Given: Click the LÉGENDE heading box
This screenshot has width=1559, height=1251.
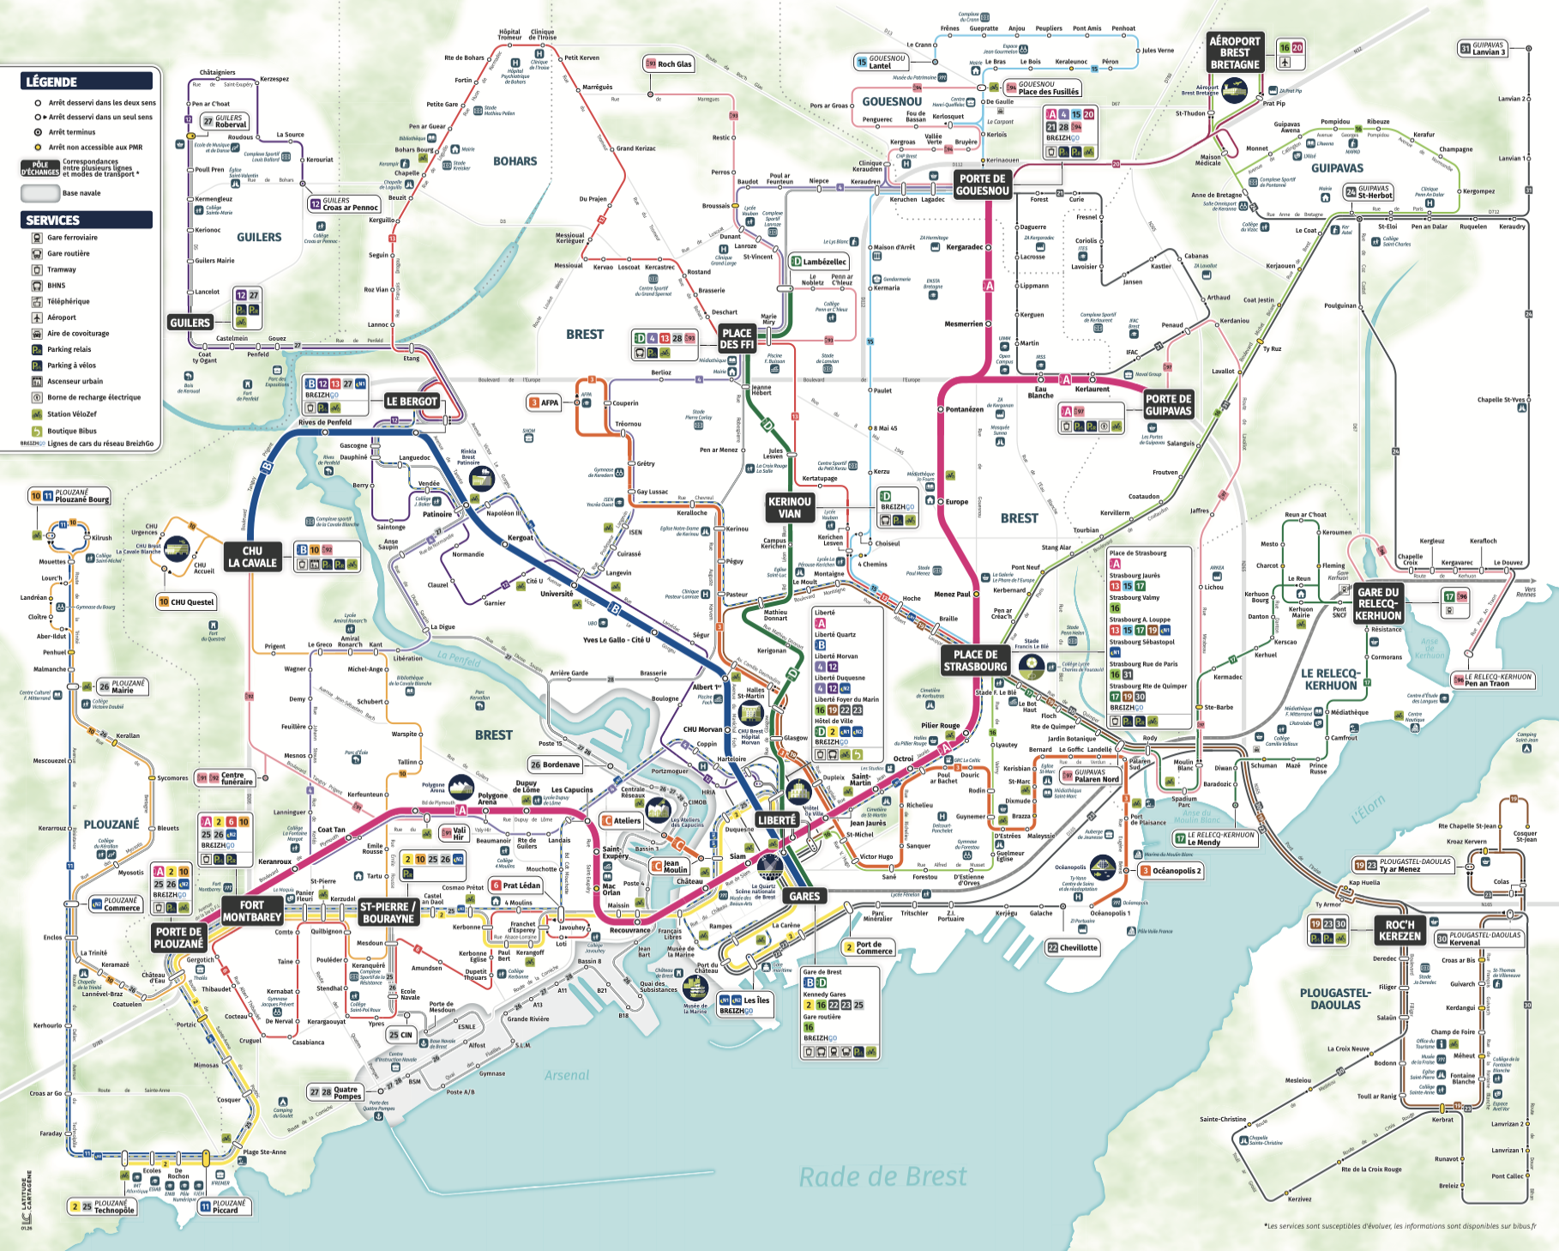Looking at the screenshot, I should pyautogui.click(x=86, y=82).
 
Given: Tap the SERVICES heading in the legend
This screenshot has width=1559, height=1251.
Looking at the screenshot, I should pyautogui.click(x=86, y=221).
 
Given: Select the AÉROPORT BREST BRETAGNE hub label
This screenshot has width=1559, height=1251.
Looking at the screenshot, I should pyautogui.click(x=1234, y=52).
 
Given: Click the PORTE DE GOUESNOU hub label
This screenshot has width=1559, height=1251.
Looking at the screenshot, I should pyautogui.click(x=982, y=184).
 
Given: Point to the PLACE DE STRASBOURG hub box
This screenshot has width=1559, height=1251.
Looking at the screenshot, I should pyautogui.click(x=975, y=661).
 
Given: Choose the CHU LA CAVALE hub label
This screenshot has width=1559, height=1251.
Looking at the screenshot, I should pyautogui.click(x=252, y=557).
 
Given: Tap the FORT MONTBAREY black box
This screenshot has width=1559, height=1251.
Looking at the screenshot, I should pyautogui.click(x=252, y=911).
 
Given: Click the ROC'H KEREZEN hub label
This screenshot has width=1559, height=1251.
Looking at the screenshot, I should pyautogui.click(x=1399, y=930).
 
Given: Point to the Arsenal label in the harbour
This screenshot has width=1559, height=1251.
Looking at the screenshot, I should pyautogui.click(x=566, y=1075).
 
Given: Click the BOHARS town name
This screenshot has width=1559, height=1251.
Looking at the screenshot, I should pyautogui.click(x=515, y=161).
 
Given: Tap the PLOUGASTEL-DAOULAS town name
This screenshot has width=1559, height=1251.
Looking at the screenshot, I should pyautogui.click(x=1334, y=999).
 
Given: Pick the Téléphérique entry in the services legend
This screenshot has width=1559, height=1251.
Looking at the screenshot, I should pyautogui.click(x=68, y=301).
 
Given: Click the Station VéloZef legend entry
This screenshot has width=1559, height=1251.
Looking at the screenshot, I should pyautogui.click(x=71, y=414).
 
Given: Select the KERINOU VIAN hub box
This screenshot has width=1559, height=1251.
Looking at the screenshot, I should pyautogui.click(x=789, y=508).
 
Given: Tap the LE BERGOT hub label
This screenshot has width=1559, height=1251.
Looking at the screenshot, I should pyautogui.click(x=412, y=402).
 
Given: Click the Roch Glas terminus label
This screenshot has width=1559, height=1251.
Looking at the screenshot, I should pyautogui.click(x=669, y=63).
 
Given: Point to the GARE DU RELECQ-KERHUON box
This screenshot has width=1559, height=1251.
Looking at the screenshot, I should pyautogui.click(x=1378, y=603).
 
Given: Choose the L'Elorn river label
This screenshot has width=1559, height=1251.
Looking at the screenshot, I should pyautogui.click(x=1368, y=809).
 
